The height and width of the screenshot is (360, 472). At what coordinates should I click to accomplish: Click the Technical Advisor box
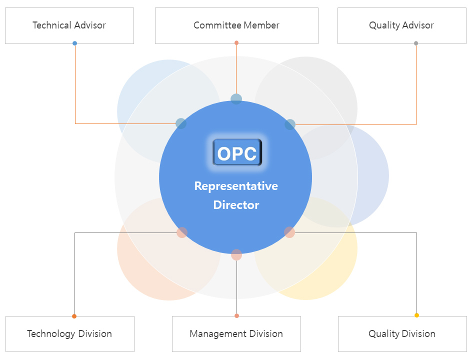pyautogui.click(x=69, y=25)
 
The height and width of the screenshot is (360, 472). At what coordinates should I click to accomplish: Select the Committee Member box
pyautogui.click(x=236, y=25)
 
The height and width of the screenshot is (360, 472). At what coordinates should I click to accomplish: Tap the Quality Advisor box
pyautogui.click(x=401, y=25)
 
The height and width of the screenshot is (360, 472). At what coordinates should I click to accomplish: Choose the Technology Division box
pyautogui.click(x=69, y=333)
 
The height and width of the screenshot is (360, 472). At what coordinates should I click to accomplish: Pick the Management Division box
pyautogui.click(x=236, y=333)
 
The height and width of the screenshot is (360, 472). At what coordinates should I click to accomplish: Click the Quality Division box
pyautogui.click(x=402, y=333)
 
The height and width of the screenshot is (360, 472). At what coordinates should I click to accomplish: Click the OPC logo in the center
pyautogui.click(x=237, y=152)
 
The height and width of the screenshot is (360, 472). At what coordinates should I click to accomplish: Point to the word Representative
pyautogui.click(x=236, y=186)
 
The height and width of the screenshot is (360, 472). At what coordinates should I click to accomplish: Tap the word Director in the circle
pyautogui.click(x=236, y=205)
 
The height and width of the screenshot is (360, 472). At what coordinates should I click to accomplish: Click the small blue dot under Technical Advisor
pyautogui.click(x=75, y=43)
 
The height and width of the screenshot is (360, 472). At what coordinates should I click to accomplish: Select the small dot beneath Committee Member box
pyautogui.click(x=236, y=43)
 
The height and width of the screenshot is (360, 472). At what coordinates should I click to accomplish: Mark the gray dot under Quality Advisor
pyautogui.click(x=416, y=43)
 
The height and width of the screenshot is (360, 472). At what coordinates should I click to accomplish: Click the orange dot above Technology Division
pyautogui.click(x=74, y=316)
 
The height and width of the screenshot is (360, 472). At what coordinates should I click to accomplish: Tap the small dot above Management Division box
pyautogui.click(x=236, y=315)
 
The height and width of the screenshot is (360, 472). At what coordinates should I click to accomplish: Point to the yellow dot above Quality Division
pyautogui.click(x=416, y=315)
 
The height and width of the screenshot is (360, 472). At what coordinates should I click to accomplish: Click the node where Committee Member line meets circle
pyautogui.click(x=236, y=99)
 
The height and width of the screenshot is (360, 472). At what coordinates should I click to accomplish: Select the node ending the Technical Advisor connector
pyautogui.click(x=181, y=123)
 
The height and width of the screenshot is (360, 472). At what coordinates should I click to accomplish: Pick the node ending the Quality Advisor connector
pyautogui.click(x=290, y=124)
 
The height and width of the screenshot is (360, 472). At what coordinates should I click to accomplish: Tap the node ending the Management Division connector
pyautogui.click(x=236, y=255)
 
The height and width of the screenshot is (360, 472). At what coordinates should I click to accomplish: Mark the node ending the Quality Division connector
pyautogui.click(x=289, y=232)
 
